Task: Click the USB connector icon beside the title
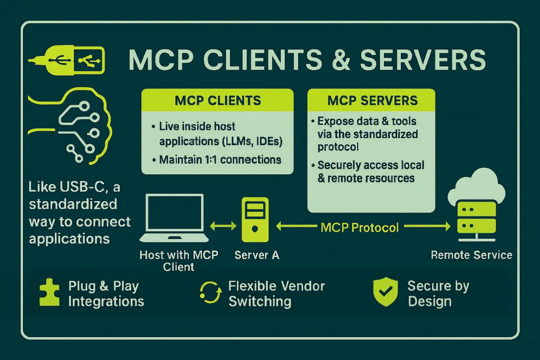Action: click(66, 61)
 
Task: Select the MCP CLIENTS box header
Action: click(217, 101)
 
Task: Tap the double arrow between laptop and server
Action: click(223, 226)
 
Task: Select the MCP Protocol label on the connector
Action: click(360, 227)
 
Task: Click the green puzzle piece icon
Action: click(49, 293)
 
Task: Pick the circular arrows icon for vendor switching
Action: click(210, 293)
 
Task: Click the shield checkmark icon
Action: click(385, 293)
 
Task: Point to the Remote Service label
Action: click(472, 256)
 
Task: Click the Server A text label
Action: click(257, 256)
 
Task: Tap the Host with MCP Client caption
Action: click(179, 261)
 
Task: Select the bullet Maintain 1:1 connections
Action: click(220, 159)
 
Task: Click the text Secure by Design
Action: click(438, 294)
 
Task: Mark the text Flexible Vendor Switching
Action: click(276, 294)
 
